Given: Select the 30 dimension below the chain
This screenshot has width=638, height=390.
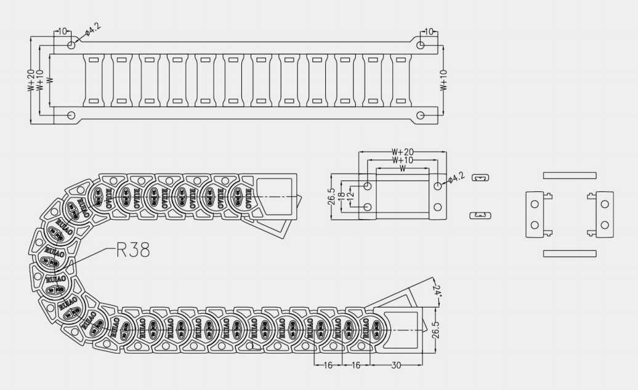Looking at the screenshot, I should pos(396,365).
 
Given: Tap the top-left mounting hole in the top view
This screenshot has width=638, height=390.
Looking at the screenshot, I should pos(71,45).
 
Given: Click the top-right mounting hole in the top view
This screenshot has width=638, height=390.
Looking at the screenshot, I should pos(421,45).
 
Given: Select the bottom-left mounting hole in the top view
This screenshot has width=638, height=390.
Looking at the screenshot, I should pos(71,115).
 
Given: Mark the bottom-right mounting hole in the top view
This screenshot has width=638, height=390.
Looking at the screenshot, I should pos(421,115).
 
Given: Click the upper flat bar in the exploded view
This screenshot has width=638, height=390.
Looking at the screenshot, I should pos(570,175).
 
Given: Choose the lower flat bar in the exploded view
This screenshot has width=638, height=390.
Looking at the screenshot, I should pos(570,253).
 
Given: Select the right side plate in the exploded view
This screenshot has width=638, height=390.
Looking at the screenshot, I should pos(605,214).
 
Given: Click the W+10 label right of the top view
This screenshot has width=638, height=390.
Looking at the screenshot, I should pos(444,81).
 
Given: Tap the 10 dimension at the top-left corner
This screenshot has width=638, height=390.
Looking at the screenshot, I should pos(61,31).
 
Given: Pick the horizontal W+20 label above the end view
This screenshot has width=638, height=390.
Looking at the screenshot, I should pos(402,153).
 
